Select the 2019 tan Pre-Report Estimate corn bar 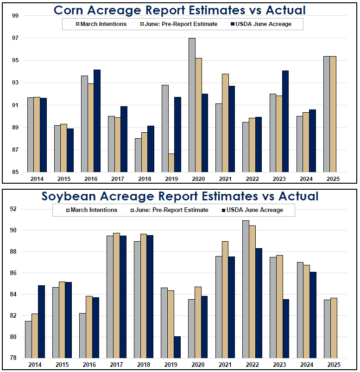point(171,163)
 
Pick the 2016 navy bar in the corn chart point(97,121)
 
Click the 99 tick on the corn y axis point(15,16)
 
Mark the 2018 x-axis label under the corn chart point(145,179)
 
